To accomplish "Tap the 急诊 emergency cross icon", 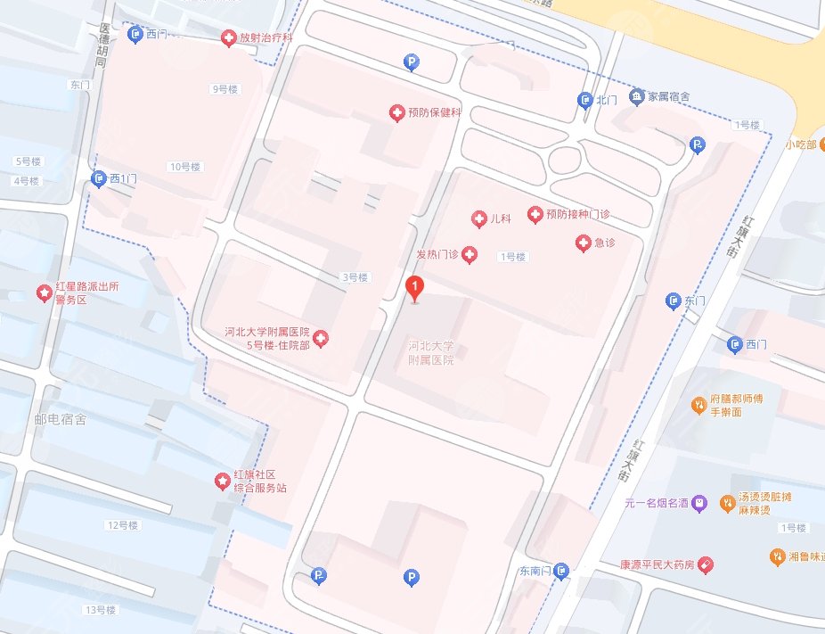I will pyautogui.click(x=583, y=243).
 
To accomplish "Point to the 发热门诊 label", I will pyautogui.click(x=437, y=255).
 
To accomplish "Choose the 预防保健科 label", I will pyautogui.click(x=434, y=113).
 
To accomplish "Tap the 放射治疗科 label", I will pyautogui.click(x=266, y=38).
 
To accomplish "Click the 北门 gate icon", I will pyautogui.click(x=585, y=100).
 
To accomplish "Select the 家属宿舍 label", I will pyautogui.click(x=668, y=96).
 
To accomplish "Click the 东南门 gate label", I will pyautogui.click(x=535, y=571).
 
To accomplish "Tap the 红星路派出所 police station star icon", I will pyautogui.click(x=43, y=292).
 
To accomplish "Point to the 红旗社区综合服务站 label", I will pyautogui.click(x=260, y=482).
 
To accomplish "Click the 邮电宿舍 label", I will pyautogui.click(x=60, y=419).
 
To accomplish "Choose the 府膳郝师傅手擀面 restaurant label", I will pyautogui.click(x=738, y=406).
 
